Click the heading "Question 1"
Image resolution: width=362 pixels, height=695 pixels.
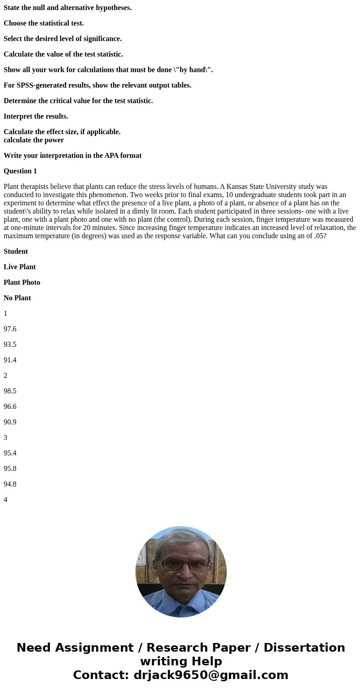tap(20, 171)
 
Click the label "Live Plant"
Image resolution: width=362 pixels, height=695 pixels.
tap(20, 267)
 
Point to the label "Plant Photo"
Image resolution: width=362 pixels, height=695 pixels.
tap(22, 282)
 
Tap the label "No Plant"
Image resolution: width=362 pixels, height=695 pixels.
tap(17, 298)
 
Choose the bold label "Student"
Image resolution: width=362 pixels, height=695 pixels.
tap(16, 251)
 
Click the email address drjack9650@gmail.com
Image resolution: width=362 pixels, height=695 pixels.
tap(211, 675)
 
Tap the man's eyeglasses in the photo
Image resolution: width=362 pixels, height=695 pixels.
tap(181, 565)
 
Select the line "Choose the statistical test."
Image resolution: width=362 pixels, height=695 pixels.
tap(44, 23)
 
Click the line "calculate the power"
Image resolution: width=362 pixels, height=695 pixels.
tap(34, 140)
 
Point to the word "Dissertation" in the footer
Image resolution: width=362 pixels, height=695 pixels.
tap(304, 648)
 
